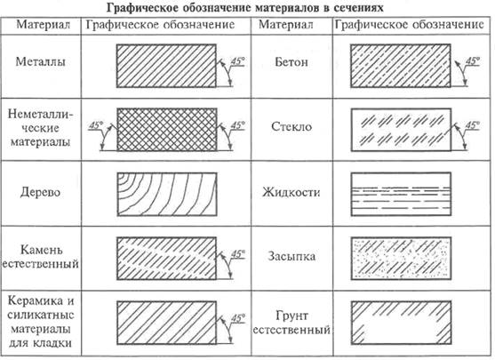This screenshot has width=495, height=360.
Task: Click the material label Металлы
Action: [41, 61]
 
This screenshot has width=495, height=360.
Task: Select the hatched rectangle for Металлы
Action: [166, 66]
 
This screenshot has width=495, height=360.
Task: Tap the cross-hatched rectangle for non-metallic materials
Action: [167, 130]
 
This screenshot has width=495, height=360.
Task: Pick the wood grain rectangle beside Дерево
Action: [167, 194]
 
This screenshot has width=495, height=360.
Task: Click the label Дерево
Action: [40, 192]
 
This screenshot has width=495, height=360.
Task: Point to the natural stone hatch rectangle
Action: [167, 259]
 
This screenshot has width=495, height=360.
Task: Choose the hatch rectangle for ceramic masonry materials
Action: [167, 323]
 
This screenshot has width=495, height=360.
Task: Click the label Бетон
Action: [291, 62]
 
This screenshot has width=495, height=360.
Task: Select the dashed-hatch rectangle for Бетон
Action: [401, 66]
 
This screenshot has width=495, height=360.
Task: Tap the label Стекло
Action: [291, 126]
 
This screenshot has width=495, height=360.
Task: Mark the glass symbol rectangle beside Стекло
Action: [401, 130]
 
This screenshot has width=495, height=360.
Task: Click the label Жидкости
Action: [291, 192]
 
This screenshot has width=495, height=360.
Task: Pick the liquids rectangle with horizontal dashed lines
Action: [401, 194]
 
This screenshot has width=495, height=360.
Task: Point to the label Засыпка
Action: [291, 256]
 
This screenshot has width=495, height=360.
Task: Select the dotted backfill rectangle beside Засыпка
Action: [401, 259]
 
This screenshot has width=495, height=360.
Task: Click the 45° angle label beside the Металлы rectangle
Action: [238, 61]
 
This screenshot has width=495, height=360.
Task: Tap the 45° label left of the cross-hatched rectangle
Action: [96, 125]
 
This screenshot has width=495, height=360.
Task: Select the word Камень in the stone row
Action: [42, 250]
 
